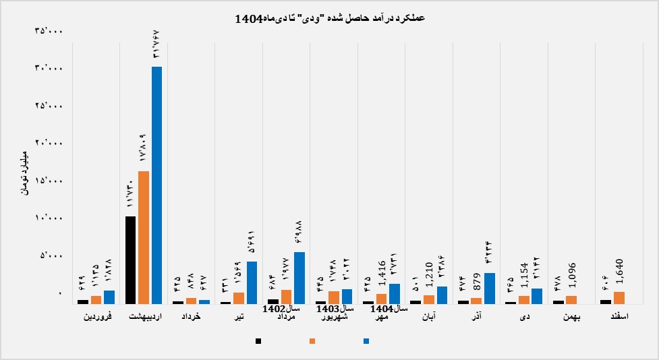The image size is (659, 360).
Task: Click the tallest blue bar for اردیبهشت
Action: pyautogui.click(x=156, y=185)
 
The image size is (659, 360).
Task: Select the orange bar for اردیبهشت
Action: pyautogui.click(x=144, y=237)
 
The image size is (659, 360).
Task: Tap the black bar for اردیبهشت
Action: pyautogui.click(x=131, y=260)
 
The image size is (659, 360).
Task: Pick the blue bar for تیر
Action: pyautogui.click(x=252, y=282)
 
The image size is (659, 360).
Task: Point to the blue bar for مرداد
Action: pyautogui.click(x=299, y=277)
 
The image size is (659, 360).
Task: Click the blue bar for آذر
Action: pyautogui.click(x=490, y=288)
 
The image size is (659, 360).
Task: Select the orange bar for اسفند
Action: pyautogui.click(x=619, y=297)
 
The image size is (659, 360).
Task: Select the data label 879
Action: pyautogui.click(x=477, y=284)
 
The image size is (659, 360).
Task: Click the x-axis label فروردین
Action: pyautogui.click(x=96, y=316)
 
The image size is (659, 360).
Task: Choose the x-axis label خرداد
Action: pyautogui.click(x=192, y=316)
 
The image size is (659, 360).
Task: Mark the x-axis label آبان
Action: pyautogui.click(x=429, y=316)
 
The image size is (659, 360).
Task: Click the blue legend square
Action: pyautogui.click(x=366, y=341)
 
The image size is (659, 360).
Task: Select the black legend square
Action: pyautogui.click(x=258, y=341)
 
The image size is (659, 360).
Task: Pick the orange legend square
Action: pyautogui.click(x=312, y=341)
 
